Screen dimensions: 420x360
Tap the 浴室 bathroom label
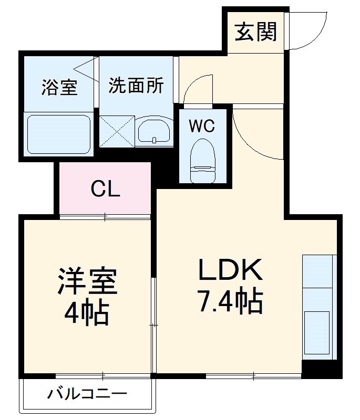59,87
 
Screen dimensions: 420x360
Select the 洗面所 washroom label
136,86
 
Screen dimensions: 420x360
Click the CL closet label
105,188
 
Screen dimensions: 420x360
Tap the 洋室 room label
87,283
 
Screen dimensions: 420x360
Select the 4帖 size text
87,313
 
